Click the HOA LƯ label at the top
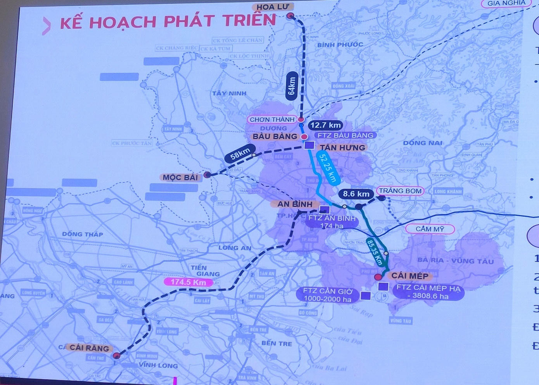(272, 7)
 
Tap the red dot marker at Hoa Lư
(290, 16)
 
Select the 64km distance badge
(292, 86)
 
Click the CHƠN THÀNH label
(272, 119)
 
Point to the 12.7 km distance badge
(326, 125)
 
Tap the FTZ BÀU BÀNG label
(345, 135)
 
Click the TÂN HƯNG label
(342, 147)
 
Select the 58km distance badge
(240, 153)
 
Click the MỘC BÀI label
(180, 177)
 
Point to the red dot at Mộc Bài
(207, 175)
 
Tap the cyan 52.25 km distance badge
(328, 167)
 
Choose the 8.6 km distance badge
(356, 194)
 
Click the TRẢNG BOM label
(400, 191)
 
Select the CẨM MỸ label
(430, 229)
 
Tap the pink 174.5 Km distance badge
(188, 282)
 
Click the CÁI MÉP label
(409, 276)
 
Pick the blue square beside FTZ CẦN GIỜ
(365, 295)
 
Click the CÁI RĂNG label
(89, 348)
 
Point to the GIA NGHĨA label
(506, 3)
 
